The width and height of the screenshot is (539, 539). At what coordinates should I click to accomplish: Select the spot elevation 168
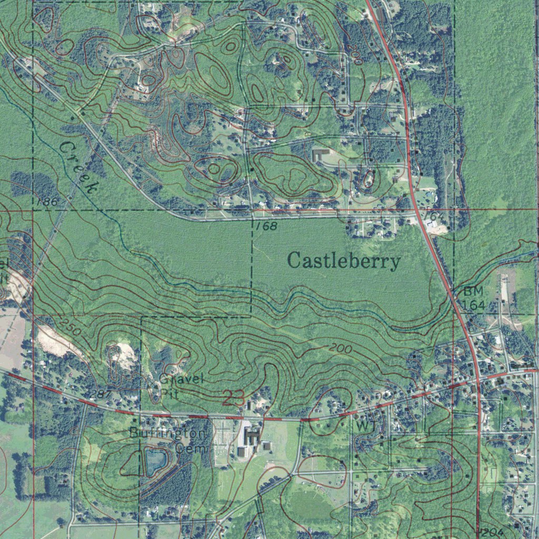(266, 226)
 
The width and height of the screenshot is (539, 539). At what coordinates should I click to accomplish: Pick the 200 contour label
(341, 348)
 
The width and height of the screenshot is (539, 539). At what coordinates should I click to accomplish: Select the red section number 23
(233, 398)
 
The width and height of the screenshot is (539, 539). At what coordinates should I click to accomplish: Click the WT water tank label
(365, 425)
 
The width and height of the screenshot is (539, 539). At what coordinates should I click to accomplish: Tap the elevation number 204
(492, 532)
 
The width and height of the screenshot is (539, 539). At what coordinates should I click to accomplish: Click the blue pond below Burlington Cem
(155, 461)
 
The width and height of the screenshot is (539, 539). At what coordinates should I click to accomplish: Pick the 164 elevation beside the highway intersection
(470, 305)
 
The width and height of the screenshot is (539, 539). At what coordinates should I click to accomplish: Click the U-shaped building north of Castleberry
(320, 155)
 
